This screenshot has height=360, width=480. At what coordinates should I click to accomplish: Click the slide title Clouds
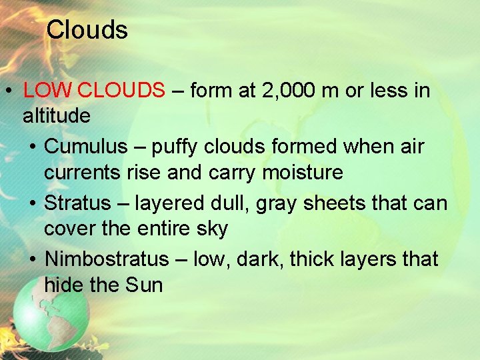tap(87, 30)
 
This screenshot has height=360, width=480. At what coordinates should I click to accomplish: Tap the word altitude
tap(57, 116)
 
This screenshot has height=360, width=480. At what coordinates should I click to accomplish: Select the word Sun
tap(144, 285)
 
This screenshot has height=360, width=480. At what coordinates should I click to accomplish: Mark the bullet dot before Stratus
tap(33, 203)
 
